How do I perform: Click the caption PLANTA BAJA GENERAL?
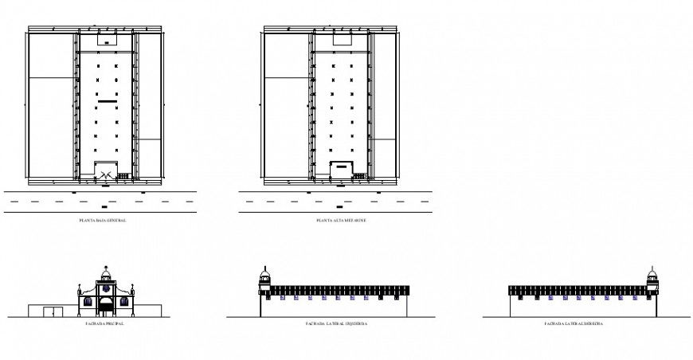103,221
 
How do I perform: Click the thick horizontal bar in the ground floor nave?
107,102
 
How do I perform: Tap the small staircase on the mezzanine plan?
360,175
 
